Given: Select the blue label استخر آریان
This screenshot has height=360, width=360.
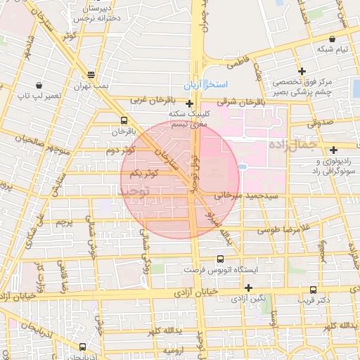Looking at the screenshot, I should (x=205, y=84).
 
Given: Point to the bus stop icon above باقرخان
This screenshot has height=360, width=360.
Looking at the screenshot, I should (x=124, y=120).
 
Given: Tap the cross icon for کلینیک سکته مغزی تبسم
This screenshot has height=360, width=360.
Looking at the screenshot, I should (x=189, y=103).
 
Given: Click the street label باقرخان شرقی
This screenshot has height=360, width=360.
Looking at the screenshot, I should (x=245, y=101).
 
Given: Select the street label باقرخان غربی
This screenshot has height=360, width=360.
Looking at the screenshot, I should (x=150, y=100).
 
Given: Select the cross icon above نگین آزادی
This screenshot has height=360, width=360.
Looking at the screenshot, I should (x=247, y=287).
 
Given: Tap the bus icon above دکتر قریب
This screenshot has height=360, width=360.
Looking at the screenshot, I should (x=313, y=290).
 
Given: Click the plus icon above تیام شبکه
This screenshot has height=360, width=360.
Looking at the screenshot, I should (x=302, y=71).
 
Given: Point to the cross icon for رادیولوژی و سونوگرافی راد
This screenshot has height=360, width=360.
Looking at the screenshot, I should (x=333, y=149).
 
